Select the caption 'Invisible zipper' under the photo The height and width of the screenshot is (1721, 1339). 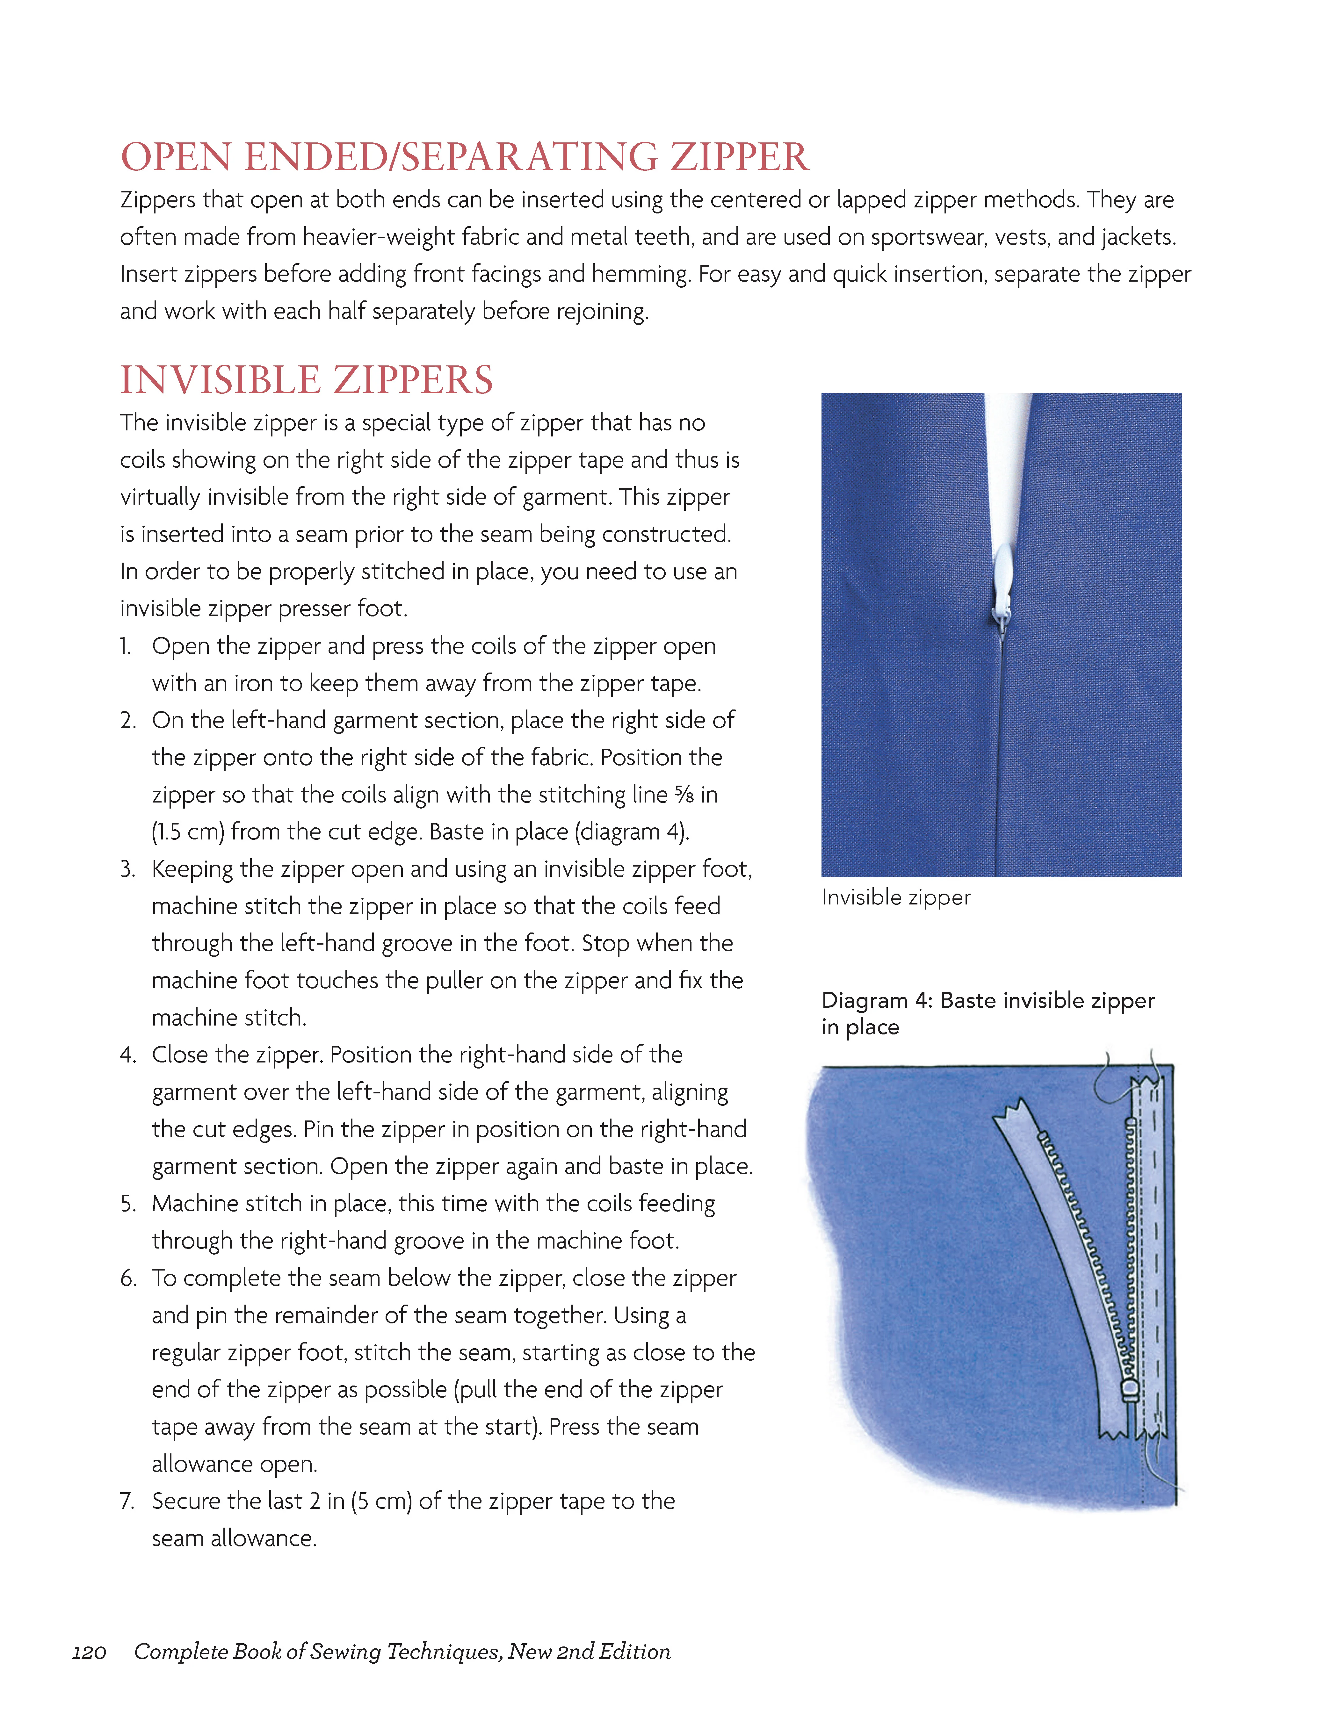pos(895,897)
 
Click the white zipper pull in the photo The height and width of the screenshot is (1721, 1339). pos(1001,583)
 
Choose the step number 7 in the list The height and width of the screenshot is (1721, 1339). pos(128,1501)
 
